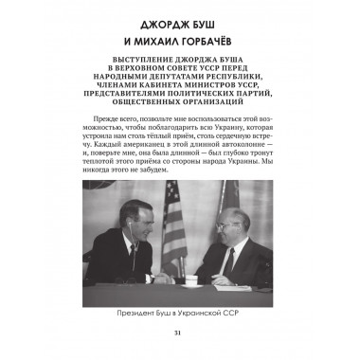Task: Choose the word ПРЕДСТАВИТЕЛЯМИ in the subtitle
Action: point(118,99)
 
